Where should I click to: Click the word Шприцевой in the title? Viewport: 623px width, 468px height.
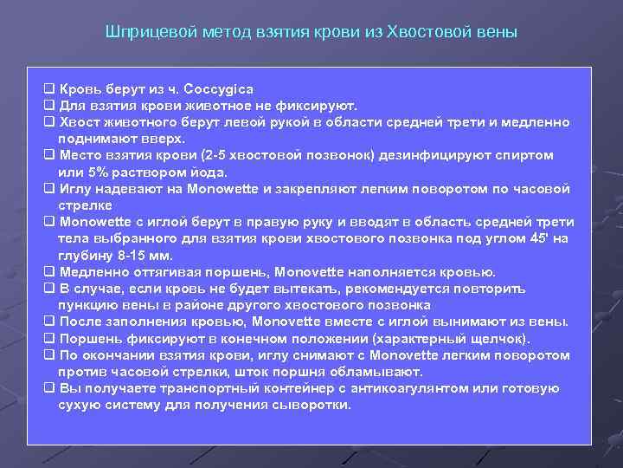(141, 33)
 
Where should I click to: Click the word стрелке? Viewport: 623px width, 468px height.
(85, 205)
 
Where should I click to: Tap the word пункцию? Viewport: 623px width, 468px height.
(86, 304)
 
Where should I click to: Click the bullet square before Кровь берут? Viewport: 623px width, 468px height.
(48, 89)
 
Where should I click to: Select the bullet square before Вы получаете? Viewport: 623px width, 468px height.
(48, 387)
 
